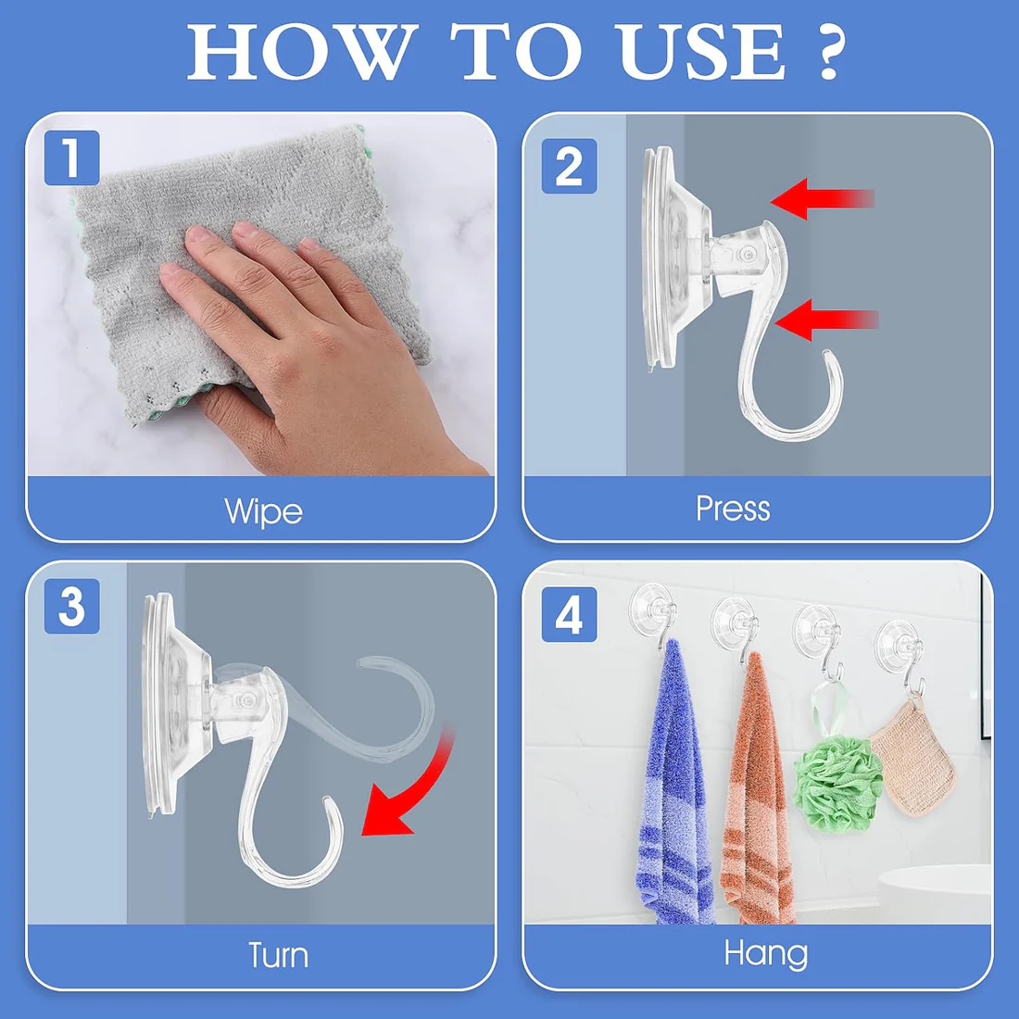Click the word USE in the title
(x=701, y=52)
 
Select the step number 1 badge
(x=71, y=157)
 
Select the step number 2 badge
(x=569, y=167)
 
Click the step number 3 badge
(x=71, y=607)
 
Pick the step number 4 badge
(x=569, y=614)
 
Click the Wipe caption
(x=263, y=511)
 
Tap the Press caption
(x=733, y=509)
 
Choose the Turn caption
(x=278, y=955)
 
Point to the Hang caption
(x=765, y=953)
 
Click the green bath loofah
(x=838, y=778)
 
